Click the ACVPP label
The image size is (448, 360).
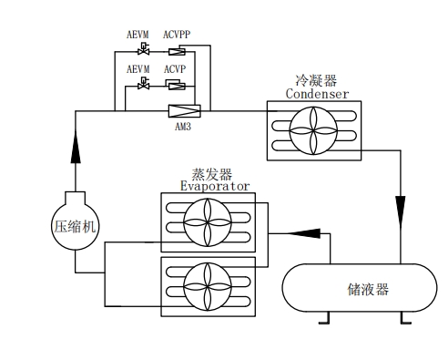click(x=178, y=34)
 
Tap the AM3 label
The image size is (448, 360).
click(x=183, y=126)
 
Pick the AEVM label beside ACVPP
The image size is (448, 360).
click(x=138, y=34)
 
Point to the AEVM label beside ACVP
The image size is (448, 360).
click(x=138, y=69)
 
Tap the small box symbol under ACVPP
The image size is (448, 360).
click(x=177, y=49)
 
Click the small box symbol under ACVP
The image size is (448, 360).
click(x=177, y=85)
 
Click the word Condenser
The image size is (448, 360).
click(x=317, y=94)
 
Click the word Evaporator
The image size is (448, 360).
click(x=214, y=185)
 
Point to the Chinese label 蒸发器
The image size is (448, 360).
click(x=210, y=172)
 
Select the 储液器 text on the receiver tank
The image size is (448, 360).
click(x=368, y=289)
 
